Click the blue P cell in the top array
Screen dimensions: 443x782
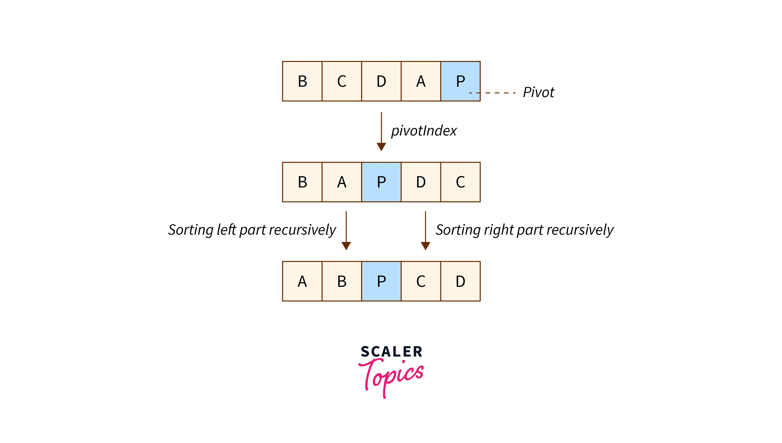[x=460, y=81]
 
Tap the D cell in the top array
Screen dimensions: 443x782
[x=381, y=81]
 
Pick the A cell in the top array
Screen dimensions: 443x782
[x=421, y=81]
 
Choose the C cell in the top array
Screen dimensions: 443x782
[x=342, y=81]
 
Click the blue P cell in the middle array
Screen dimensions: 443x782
[x=381, y=182]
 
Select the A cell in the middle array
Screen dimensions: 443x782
[x=342, y=182]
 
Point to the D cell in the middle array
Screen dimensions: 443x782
[x=421, y=182]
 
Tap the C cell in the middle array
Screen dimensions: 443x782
[x=460, y=182]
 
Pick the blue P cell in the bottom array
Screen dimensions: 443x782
[x=381, y=281]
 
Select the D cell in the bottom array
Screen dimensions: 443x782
[x=460, y=281]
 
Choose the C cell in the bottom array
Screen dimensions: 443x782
[x=421, y=281]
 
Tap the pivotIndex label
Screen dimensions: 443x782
[x=424, y=131]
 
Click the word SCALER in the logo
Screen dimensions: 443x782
[x=391, y=352]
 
